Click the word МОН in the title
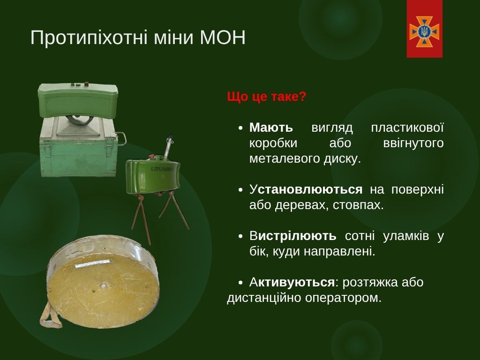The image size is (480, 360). pyautogui.click(x=223, y=37)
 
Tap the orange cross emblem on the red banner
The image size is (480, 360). pyautogui.click(x=424, y=31)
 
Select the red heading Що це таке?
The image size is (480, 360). pyautogui.click(x=267, y=97)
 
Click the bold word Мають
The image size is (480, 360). pyautogui.click(x=271, y=127)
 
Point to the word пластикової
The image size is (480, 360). pyautogui.click(x=407, y=127)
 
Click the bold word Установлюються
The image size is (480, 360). pyautogui.click(x=306, y=190)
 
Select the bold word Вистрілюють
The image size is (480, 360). pyautogui.click(x=293, y=236)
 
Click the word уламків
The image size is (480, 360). pyautogui.click(x=406, y=236)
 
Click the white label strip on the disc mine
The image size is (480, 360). pyautogui.click(x=93, y=264)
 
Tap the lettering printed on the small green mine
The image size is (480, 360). pyautogui.click(x=162, y=169)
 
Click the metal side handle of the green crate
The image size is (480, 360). pyautogui.click(x=121, y=138)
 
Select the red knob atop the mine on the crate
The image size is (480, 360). pyautogui.click(x=86, y=84)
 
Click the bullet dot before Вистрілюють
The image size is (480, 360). pyautogui.click(x=240, y=236)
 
